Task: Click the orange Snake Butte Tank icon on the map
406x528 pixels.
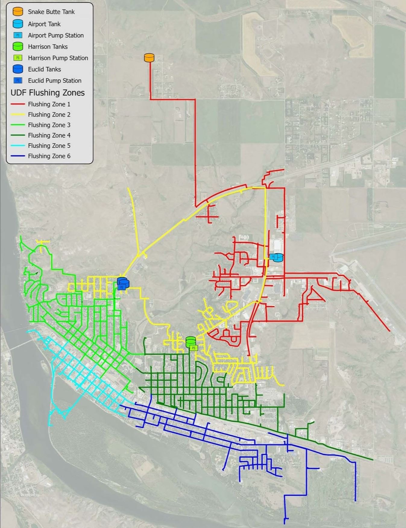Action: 149,58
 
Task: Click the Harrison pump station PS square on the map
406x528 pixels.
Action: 194,348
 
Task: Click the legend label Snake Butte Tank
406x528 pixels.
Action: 51,12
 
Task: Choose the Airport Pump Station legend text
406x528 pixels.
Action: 56,35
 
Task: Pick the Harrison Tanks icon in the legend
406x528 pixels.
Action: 18,46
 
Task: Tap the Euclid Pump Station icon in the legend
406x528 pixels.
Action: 18,81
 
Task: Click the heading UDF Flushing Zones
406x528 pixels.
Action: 48,93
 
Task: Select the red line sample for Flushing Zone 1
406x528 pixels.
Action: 18,104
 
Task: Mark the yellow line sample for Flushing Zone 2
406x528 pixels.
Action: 18,115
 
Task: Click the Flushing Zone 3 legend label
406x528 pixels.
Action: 49,125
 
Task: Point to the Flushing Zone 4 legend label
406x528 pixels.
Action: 49,135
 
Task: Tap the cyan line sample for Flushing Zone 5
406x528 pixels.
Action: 18,146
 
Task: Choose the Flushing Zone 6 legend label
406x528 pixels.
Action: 49,156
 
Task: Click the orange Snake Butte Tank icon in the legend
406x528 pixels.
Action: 18,11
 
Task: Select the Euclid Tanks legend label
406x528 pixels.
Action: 44,69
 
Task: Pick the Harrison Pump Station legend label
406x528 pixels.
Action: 58,58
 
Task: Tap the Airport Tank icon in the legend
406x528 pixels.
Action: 18,24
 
